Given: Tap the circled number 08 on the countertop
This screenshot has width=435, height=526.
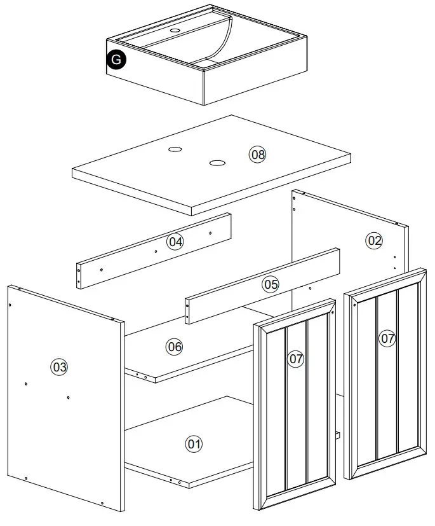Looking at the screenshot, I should [x=257, y=154].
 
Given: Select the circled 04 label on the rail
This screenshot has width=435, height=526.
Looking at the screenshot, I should [x=175, y=242].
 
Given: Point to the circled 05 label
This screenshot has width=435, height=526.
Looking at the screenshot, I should [x=271, y=284].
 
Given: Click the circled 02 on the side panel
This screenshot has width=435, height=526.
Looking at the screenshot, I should [x=375, y=240].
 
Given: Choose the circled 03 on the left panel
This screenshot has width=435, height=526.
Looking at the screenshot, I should [x=60, y=366].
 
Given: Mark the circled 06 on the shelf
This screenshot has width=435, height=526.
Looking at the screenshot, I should [x=175, y=347].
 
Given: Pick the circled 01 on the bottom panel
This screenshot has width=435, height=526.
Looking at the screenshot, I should [x=194, y=443].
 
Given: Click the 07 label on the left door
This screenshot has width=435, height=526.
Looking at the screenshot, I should [x=296, y=359].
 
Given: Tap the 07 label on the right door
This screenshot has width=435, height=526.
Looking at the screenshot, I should [x=387, y=338].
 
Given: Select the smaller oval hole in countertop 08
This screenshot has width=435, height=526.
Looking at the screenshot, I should [x=175, y=150].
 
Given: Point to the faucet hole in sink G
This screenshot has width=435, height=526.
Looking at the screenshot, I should [x=176, y=30].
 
